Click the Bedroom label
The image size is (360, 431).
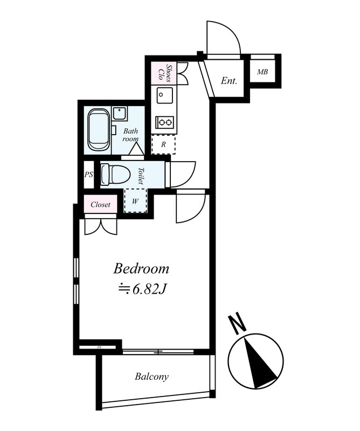[141, 268]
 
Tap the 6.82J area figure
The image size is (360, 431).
[148, 289]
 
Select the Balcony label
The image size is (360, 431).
[151, 377]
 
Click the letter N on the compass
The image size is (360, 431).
[238, 324]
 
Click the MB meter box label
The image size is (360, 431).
[262, 72]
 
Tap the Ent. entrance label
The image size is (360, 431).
[229, 81]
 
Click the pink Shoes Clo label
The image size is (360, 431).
[165, 73]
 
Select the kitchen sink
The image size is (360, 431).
[164, 95]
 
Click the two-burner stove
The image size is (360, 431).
[165, 122]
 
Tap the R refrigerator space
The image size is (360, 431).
[163, 144]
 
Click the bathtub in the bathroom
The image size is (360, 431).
[99, 130]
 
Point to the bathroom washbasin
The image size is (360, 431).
[120, 114]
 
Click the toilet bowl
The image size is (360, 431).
[115, 175]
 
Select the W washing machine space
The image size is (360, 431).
[135, 201]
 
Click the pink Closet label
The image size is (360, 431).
[100, 205]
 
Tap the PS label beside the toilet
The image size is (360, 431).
[89, 174]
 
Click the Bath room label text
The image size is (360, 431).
[130, 135]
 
